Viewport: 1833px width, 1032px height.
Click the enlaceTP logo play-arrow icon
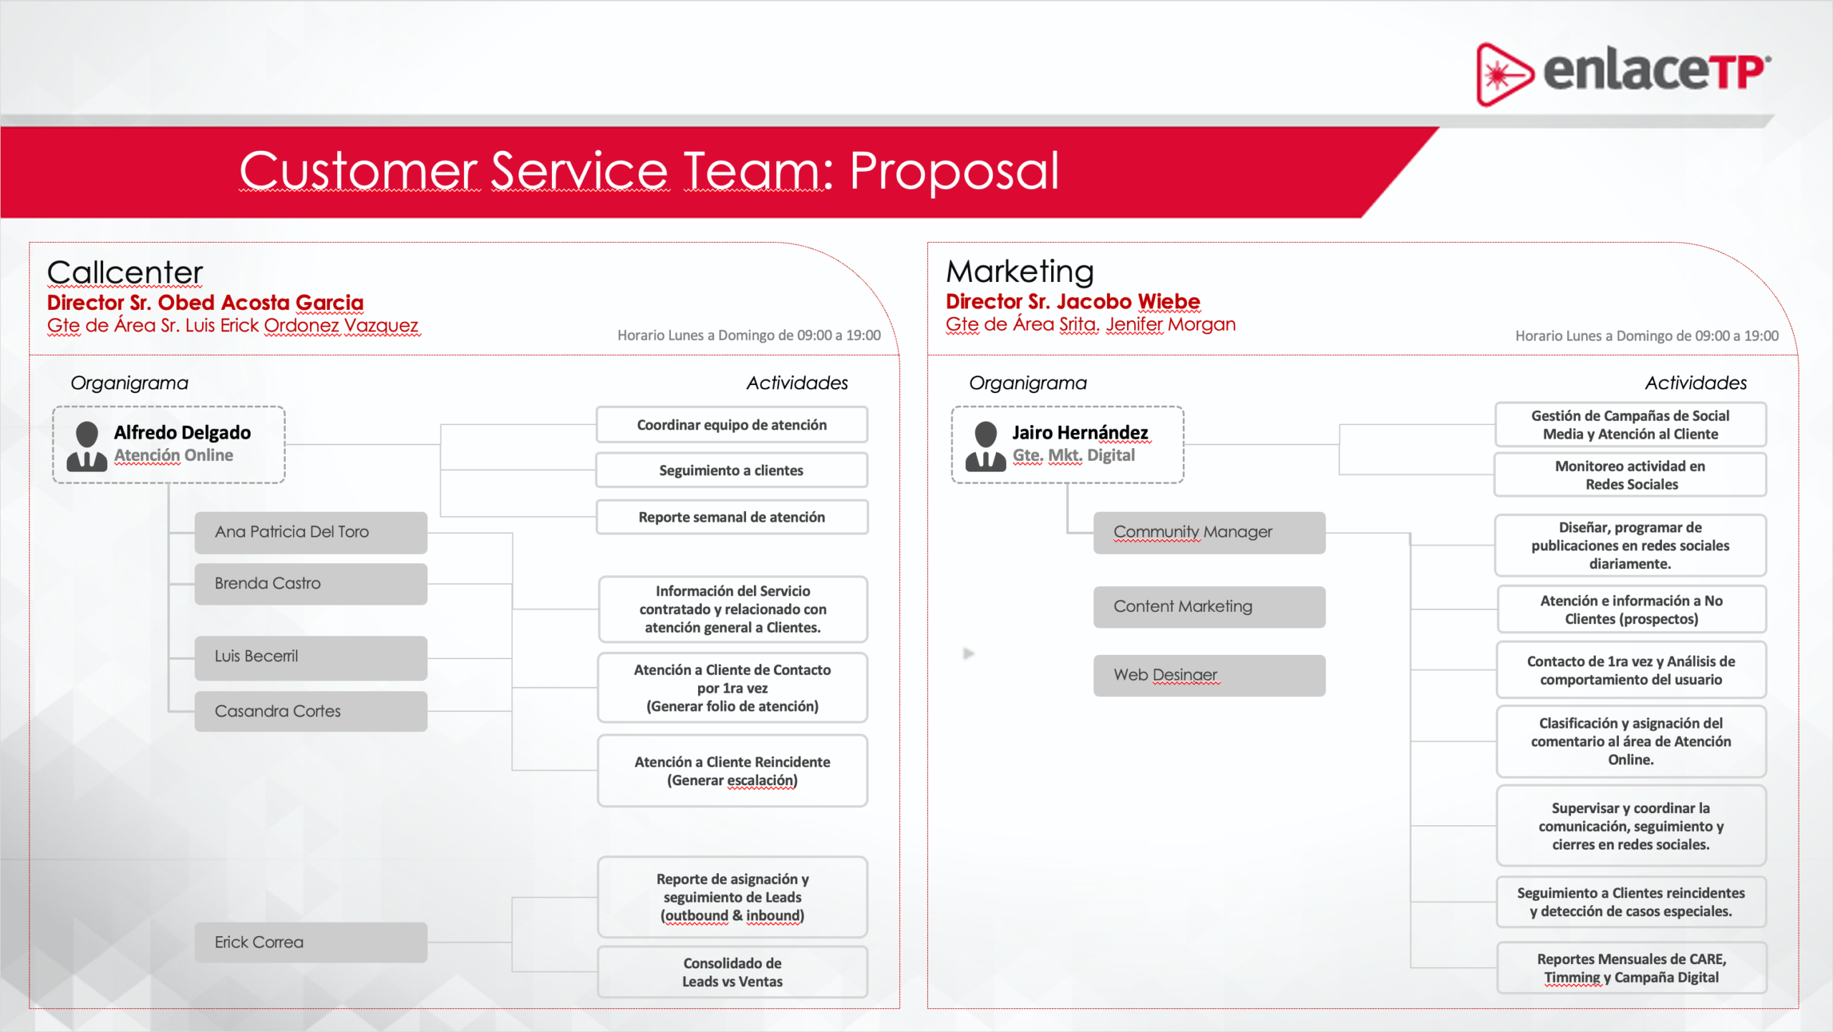[1504, 74]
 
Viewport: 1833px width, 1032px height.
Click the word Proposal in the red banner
[954, 172]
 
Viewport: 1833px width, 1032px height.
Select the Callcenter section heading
[125, 273]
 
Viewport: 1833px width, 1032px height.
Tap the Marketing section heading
[1020, 271]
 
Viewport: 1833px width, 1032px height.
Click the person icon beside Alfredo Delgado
[87, 446]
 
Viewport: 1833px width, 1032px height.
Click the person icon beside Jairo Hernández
[985, 446]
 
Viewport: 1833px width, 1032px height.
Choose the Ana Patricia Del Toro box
[311, 532]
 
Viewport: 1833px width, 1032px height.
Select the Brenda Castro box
[311, 584]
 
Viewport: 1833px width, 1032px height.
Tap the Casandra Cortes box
[311, 711]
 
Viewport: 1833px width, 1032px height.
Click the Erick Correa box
[311, 943]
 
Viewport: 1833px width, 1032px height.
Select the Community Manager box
[1209, 532]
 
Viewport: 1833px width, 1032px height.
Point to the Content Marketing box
[1209, 607]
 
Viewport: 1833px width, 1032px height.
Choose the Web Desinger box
[1209, 676]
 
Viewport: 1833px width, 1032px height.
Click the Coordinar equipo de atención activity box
[732, 425]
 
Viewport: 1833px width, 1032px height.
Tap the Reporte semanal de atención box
[732, 517]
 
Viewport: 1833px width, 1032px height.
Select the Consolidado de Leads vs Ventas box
[732, 973]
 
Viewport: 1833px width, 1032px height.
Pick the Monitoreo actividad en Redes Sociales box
[1630, 474]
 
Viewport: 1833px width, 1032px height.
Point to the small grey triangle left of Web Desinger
[969, 653]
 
